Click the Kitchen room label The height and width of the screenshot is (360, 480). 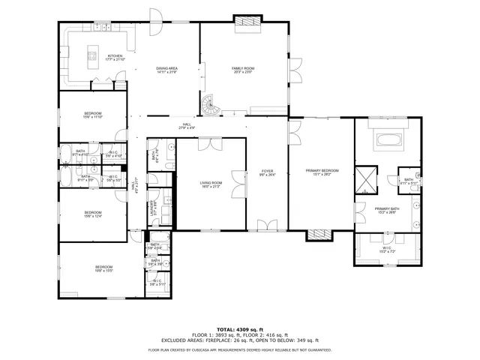[x=115, y=56]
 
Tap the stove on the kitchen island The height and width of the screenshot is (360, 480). [x=94, y=53]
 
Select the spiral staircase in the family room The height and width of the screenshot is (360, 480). [x=211, y=106]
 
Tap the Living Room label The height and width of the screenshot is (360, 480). [x=211, y=182]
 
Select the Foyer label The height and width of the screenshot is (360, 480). [x=266, y=171]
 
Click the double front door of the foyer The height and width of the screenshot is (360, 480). [x=266, y=226]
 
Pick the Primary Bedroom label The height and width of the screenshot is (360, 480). [x=322, y=170]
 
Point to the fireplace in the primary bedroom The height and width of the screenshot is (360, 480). [x=318, y=234]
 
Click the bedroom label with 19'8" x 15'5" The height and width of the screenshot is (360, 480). [x=103, y=268]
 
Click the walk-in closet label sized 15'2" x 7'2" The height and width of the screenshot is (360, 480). [x=387, y=247]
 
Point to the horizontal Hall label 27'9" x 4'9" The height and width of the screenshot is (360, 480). [x=186, y=125]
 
